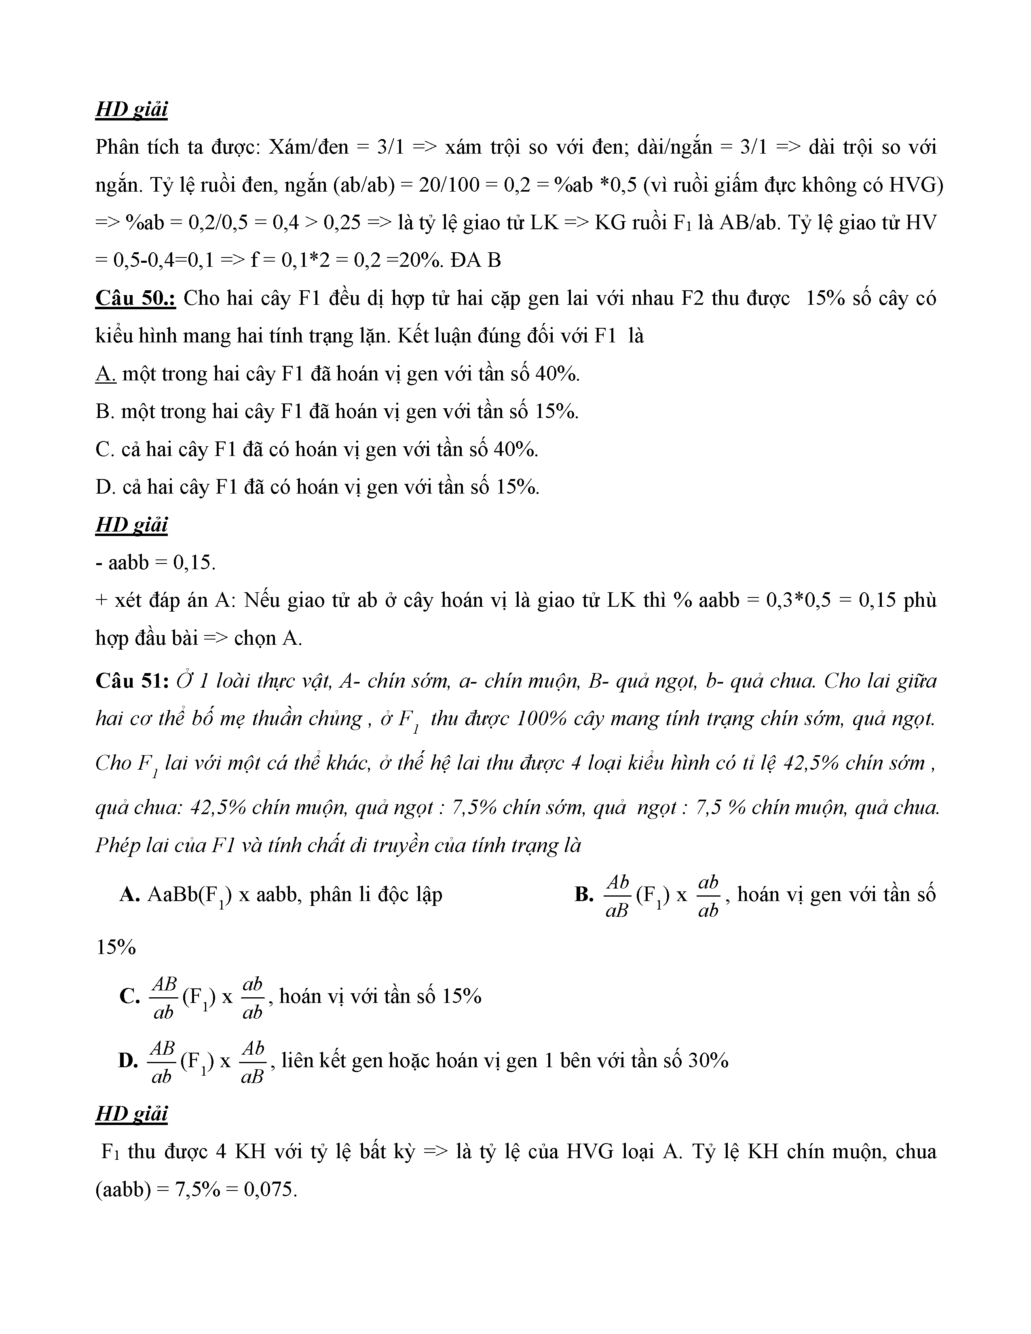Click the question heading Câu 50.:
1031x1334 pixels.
pos(135,299)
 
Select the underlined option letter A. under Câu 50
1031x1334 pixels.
pos(106,374)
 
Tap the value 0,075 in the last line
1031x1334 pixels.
pos(269,1190)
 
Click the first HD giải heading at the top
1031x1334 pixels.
pos(131,110)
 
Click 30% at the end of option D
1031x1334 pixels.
pos(708,1061)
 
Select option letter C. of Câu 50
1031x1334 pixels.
pos(105,450)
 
